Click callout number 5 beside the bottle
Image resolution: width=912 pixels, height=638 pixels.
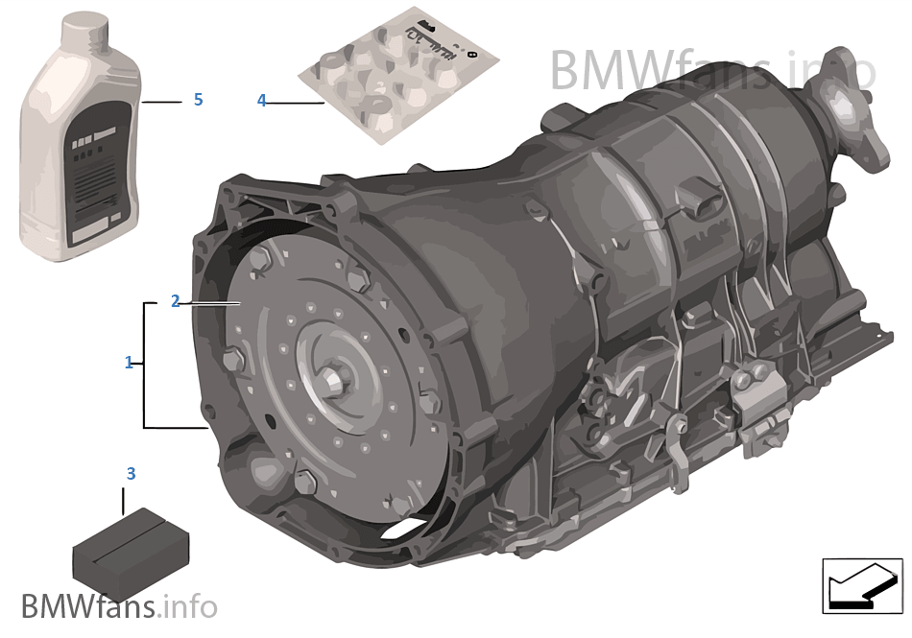tap(198, 100)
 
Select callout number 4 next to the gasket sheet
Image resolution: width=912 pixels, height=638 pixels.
tap(261, 100)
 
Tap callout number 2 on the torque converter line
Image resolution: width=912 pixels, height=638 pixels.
tap(175, 301)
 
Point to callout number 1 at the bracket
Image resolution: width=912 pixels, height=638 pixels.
tap(129, 363)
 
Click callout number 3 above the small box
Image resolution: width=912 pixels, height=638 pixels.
tap(131, 473)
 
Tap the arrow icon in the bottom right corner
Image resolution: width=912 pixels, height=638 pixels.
tap(861, 584)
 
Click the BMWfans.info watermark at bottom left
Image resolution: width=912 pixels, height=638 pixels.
tap(118, 606)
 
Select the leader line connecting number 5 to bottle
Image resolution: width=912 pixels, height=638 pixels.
tap(161, 101)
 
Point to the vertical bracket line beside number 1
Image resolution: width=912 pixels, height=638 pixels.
tap(145, 365)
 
